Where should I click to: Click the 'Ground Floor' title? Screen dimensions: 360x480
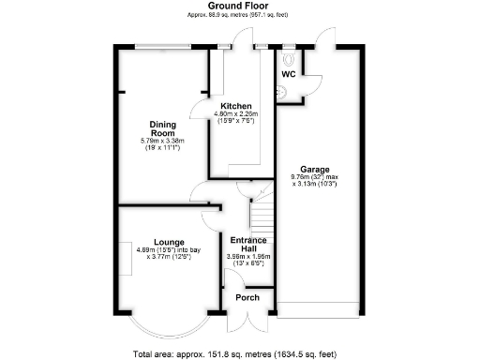tap(240, 6)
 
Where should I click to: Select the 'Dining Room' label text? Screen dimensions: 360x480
tap(165, 127)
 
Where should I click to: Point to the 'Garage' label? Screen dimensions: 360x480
tap(314, 169)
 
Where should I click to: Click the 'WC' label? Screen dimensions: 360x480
tap(289, 73)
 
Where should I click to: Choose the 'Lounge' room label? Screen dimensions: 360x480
tap(170, 241)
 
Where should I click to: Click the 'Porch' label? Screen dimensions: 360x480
tap(247, 298)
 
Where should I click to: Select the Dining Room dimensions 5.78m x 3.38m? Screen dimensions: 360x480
tap(165, 143)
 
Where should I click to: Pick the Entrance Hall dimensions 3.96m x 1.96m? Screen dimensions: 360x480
tap(248, 260)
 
